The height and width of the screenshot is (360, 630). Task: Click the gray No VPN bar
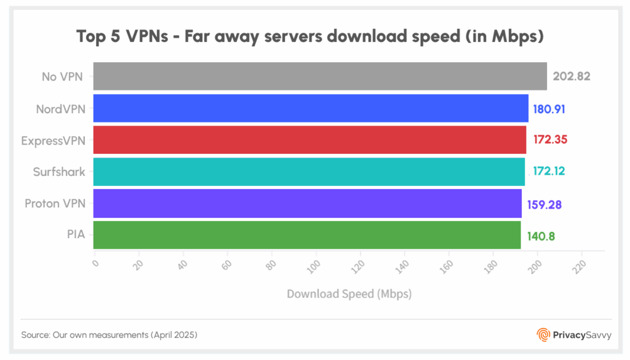(320, 76)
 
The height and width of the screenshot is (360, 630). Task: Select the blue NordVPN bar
(311, 108)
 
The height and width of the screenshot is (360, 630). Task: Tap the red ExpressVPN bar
(309, 140)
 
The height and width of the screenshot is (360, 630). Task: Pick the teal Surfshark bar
(309, 172)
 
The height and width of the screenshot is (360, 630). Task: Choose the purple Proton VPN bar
(308, 204)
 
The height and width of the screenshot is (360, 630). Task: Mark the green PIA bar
(307, 235)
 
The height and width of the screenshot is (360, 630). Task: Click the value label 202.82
(572, 77)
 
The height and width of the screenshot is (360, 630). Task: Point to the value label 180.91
(549, 109)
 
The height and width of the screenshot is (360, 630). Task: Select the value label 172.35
(549, 140)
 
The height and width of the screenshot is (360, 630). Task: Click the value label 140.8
(541, 236)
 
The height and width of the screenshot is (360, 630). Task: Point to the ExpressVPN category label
(53, 140)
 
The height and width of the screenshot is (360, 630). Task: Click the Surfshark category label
(59, 172)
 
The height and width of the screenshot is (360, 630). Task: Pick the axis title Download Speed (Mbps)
(349, 294)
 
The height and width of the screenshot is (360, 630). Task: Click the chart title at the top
(310, 36)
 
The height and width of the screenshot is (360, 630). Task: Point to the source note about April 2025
(109, 335)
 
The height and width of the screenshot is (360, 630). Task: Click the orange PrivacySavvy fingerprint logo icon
(543, 335)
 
